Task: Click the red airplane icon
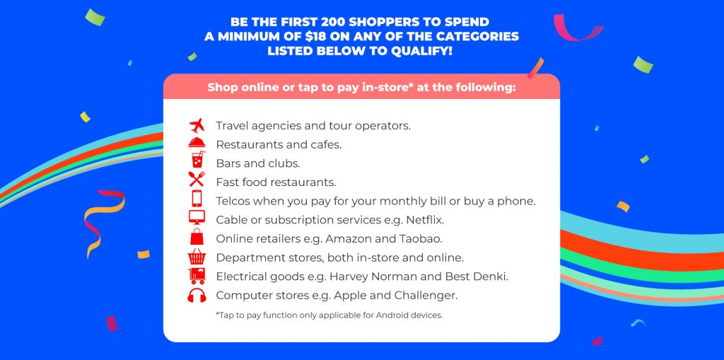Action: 197,125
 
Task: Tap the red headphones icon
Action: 197,296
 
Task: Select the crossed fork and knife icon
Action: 197,179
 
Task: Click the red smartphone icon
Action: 197,198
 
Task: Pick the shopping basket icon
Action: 197,257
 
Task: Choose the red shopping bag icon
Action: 197,236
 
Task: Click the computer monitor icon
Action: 197,217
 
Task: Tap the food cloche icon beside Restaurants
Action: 197,142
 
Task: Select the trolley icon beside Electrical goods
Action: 197,276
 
